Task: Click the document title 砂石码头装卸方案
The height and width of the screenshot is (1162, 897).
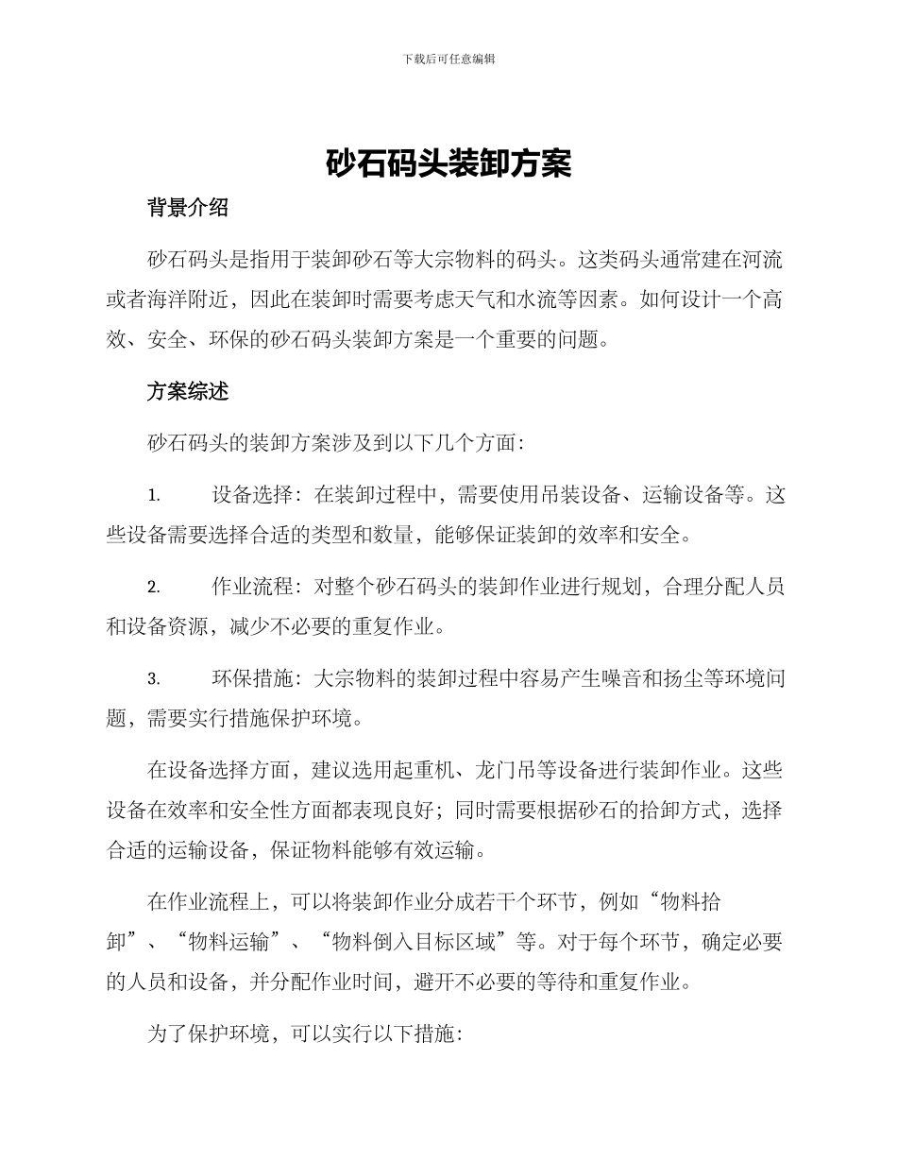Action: pyautogui.click(x=448, y=165)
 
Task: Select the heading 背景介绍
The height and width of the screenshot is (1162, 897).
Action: pyautogui.click(x=188, y=208)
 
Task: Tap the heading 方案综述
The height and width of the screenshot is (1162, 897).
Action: pyautogui.click(x=188, y=391)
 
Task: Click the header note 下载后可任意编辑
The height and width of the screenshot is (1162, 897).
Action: pyautogui.click(x=448, y=59)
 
